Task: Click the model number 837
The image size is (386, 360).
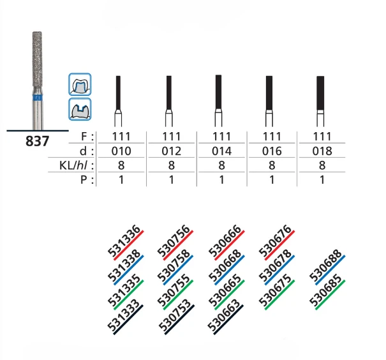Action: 37,141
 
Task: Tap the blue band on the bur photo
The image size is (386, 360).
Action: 37,98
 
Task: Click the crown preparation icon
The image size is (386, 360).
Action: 80,84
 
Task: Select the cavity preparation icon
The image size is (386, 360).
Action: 80,109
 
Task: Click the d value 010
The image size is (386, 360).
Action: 121,151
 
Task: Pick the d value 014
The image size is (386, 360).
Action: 221,151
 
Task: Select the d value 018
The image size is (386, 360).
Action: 322,151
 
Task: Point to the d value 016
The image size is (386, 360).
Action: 272,151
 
